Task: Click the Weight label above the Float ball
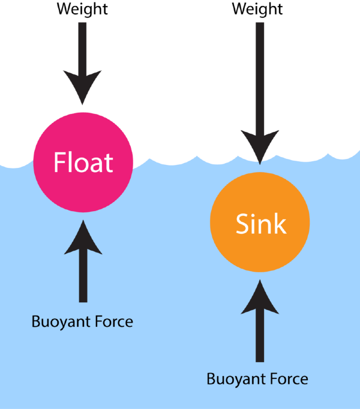coord(83,9)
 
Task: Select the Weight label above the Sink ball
coord(258,9)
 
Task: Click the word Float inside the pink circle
coord(83,163)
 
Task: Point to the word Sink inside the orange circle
coord(260,224)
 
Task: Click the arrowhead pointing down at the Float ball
coord(83,90)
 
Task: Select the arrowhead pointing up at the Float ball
coord(83,235)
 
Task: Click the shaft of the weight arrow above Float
coord(83,48)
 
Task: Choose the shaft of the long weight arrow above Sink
coord(259,78)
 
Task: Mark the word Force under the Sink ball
coord(287,379)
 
